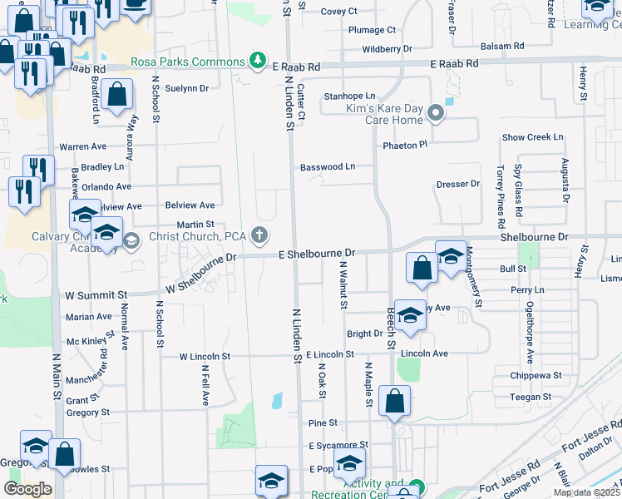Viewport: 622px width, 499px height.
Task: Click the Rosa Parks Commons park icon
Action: point(259,61)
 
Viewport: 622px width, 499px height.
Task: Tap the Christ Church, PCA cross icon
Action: point(260,236)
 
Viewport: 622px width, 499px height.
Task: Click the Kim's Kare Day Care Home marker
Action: point(436,115)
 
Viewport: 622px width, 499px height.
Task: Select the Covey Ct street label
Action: point(338,11)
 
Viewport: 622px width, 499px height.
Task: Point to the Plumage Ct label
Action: point(371,30)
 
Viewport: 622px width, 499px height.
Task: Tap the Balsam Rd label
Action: point(501,46)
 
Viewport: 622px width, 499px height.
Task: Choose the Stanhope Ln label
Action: point(349,96)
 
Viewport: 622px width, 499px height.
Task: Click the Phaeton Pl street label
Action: point(405,146)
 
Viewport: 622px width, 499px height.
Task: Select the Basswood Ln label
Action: point(328,166)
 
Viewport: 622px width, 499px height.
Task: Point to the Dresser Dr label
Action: point(458,184)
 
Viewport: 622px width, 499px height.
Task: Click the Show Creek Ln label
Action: point(532,137)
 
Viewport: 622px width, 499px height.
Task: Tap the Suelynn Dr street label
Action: point(186,87)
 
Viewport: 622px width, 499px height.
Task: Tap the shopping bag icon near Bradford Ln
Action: point(117,96)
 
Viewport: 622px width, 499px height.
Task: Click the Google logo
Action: point(27,489)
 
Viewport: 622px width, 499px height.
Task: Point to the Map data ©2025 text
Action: point(586,492)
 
